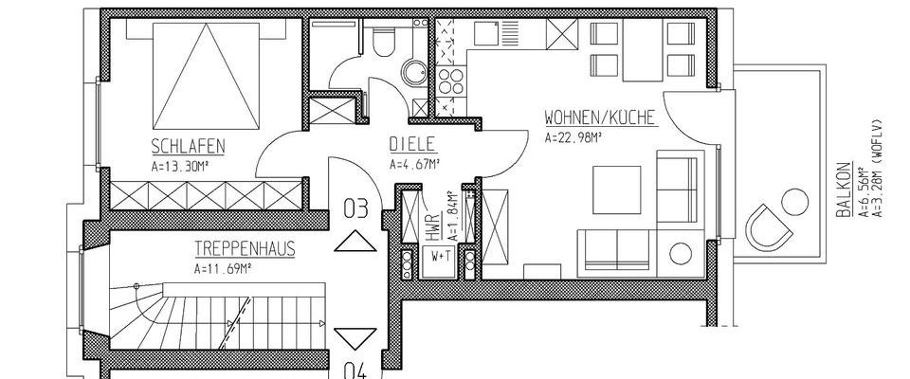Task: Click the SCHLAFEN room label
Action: tap(187, 146)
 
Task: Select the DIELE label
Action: tap(411, 146)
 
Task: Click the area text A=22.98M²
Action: tap(574, 136)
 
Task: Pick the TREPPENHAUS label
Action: tap(244, 251)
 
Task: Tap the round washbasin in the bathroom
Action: tap(413, 73)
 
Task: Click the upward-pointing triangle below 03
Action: tap(355, 242)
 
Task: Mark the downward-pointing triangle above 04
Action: tap(355, 336)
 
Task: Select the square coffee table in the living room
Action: tap(618, 189)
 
